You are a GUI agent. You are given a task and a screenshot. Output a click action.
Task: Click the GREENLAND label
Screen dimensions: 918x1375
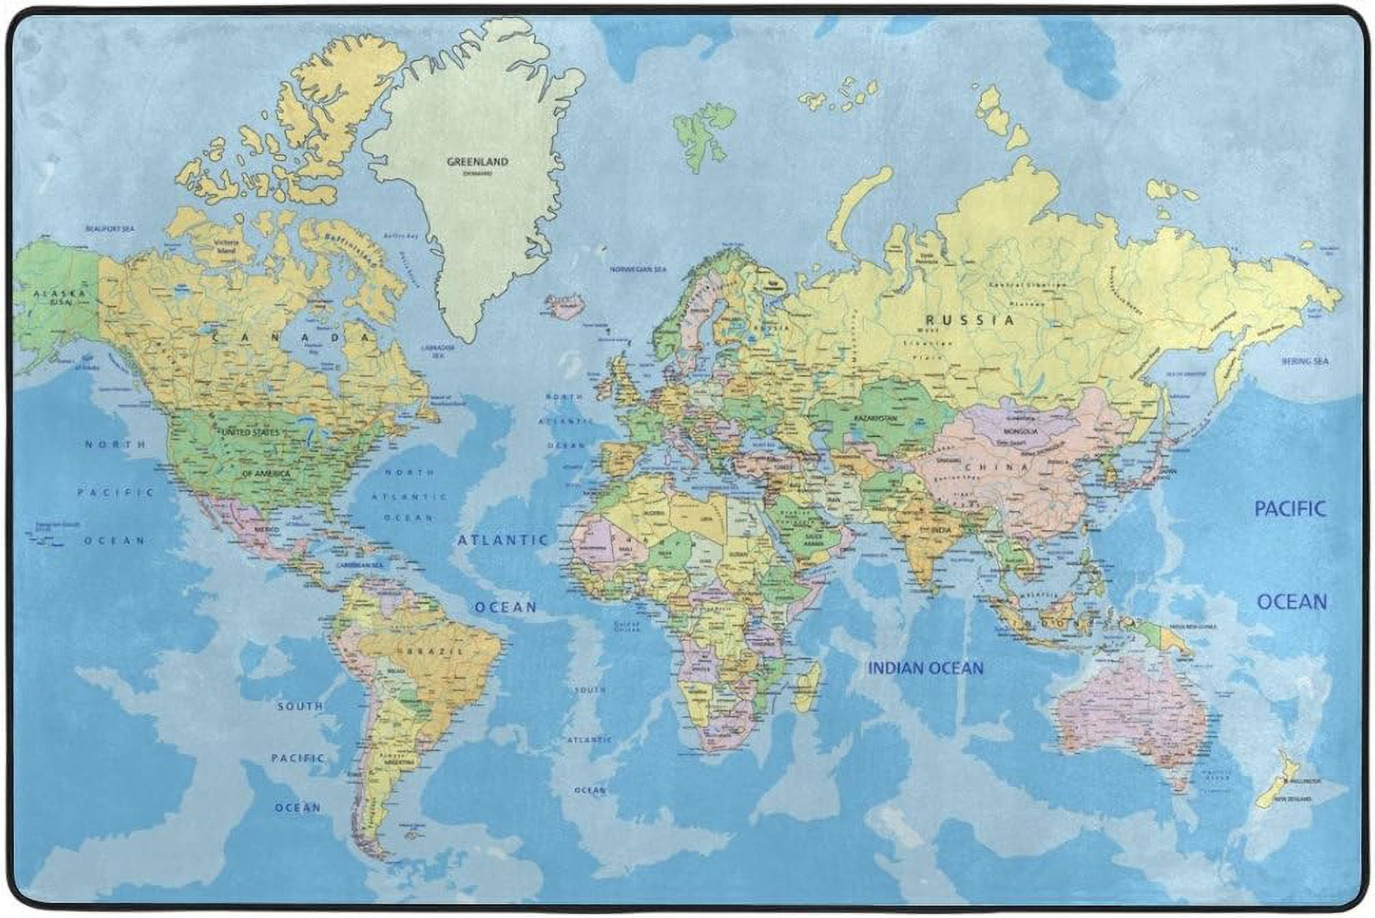(x=477, y=162)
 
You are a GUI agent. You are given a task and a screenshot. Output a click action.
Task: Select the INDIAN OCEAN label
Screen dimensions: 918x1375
(x=925, y=668)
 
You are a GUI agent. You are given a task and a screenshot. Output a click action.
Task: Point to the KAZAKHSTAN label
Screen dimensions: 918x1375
(x=875, y=417)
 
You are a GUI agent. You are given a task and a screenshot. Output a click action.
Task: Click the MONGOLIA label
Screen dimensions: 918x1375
(x=1021, y=432)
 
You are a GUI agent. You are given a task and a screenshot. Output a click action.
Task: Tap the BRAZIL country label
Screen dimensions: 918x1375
(x=437, y=651)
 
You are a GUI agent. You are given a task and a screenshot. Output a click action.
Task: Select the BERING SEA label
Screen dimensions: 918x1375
(x=1305, y=361)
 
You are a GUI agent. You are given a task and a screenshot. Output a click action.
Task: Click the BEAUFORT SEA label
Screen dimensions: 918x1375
(x=110, y=229)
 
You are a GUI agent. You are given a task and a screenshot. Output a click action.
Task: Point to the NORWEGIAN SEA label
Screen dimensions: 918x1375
(x=638, y=269)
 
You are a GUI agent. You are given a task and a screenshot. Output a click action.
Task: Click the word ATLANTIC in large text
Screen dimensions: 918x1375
(x=503, y=540)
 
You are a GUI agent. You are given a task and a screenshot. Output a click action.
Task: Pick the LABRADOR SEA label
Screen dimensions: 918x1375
(x=438, y=351)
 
